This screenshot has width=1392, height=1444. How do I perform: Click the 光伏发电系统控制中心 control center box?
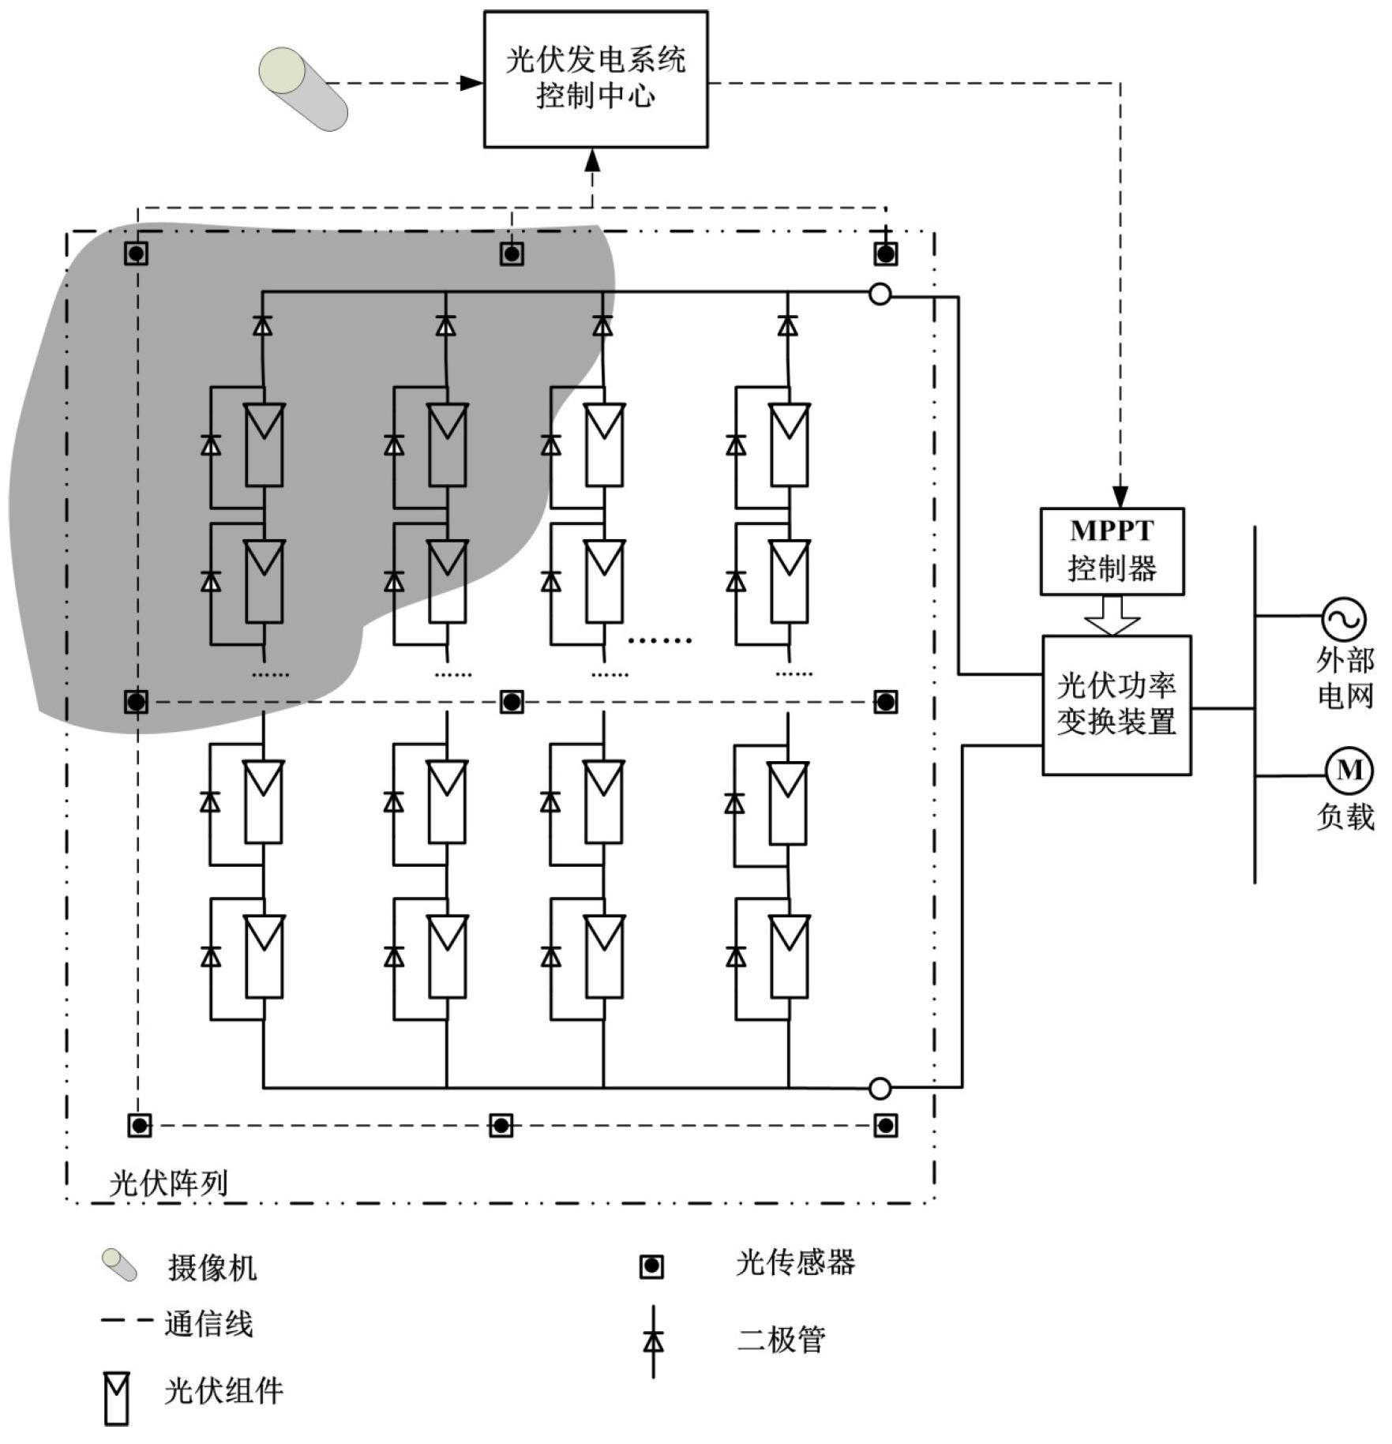[595, 79]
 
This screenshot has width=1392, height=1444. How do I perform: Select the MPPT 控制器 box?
[1112, 551]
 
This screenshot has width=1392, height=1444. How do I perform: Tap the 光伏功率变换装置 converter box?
[1116, 705]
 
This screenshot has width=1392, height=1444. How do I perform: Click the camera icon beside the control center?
[303, 88]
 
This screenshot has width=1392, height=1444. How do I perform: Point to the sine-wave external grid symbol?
[1344, 619]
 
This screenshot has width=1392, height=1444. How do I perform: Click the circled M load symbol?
[1349, 771]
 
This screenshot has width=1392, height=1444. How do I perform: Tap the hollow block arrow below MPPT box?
[1112, 615]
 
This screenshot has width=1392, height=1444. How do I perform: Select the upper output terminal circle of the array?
[880, 294]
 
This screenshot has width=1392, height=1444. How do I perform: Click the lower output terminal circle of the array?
[880, 1089]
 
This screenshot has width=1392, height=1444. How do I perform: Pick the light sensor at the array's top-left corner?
[137, 253]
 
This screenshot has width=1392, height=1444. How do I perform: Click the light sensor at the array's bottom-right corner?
[885, 1125]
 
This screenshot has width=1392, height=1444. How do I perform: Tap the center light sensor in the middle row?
[512, 701]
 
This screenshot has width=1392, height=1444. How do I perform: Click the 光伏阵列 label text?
[168, 1183]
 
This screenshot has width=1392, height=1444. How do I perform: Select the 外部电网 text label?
[1345, 677]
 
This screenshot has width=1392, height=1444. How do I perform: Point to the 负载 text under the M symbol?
[1345, 816]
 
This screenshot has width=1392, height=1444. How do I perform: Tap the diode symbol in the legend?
[653, 1341]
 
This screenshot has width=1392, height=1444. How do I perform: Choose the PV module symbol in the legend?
[117, 1398]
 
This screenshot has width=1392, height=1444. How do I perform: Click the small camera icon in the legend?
[119, 1265]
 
